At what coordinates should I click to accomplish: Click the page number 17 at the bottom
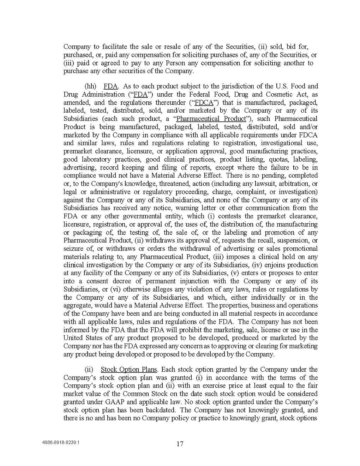pos(180,444)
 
